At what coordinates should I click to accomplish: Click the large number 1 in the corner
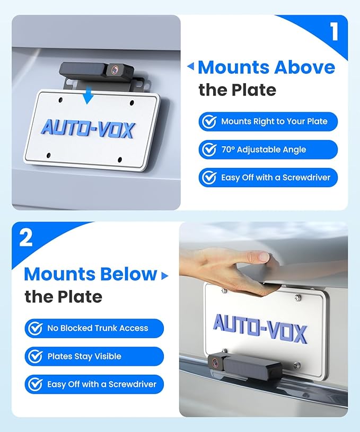[x=334, y=32]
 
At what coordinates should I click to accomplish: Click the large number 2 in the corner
[x=25, y=238]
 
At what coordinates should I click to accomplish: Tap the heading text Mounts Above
[x=266, y=67]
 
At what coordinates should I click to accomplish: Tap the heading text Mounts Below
[x=91, y=274]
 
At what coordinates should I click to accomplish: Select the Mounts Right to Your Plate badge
[x=268, y=121]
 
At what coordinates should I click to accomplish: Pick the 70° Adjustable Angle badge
[x=268, y=149]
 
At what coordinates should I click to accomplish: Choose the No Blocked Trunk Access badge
[x=94, y=328]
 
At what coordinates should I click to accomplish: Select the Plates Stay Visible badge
[x=94, y=356]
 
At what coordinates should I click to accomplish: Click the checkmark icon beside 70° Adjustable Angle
[x=209, y=149]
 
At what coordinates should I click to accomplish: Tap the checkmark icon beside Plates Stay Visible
[x=36, y=356]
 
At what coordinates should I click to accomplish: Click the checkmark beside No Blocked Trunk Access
[x=36, y=328]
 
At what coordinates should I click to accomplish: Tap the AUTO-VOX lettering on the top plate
[x=87, y=128]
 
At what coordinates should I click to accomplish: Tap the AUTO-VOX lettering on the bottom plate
[x=259, y=328]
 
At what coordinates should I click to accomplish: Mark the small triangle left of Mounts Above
[x=191, y=67]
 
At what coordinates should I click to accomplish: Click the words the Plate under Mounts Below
[x=63, y=296]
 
